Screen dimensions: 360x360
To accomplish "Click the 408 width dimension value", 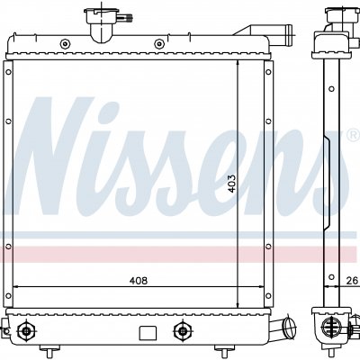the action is tap(139, 281).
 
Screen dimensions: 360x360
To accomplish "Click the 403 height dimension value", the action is tap(231, 184).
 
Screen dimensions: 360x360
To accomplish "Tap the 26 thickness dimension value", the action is tap(352, 281).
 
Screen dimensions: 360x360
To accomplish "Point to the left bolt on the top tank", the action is tap(65, 44).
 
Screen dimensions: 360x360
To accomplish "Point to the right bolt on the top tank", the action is tap(159, 44).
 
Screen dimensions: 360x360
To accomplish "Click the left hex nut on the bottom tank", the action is tap(27, 331).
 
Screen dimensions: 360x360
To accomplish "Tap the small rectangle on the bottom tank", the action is tap(148, 333).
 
